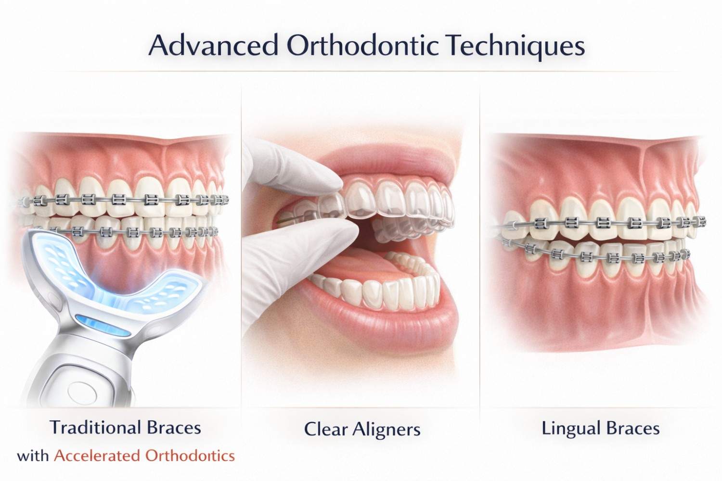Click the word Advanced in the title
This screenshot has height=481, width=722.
pyautogui.click(x=213, y=46)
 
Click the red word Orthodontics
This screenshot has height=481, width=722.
pyautogui.click(x=190, y=456)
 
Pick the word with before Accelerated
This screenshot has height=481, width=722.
pyautogui.click(x=33, y=456)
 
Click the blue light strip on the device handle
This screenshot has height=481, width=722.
pyautogui.click(x=102, y=325)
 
